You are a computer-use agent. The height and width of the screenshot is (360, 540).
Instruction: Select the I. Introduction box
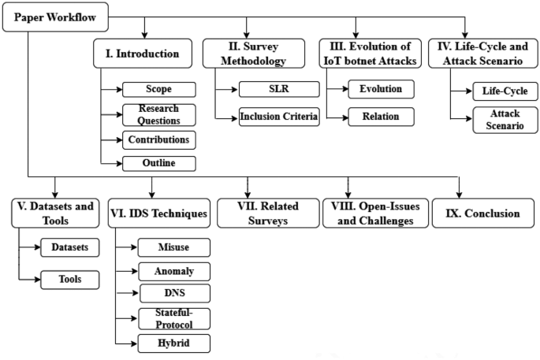tap(144, 55)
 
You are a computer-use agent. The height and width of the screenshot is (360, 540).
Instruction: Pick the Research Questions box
tap(158, 115)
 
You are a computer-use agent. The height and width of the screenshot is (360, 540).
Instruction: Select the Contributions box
tap(158, 140)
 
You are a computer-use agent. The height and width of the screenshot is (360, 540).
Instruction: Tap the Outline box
tap(158, 164)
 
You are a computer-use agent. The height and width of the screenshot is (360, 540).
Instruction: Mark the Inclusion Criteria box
tap(279, 118)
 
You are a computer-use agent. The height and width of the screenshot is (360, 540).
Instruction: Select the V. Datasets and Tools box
tap(54, 213)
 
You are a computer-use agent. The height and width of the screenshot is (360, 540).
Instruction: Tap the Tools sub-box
tap(70, 278)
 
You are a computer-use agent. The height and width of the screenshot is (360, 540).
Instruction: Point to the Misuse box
tap(173, 247)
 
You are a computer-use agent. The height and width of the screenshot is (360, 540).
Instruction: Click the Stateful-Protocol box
tap(173, 318)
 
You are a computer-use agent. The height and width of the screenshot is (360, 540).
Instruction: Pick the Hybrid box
tap(173, 343)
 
